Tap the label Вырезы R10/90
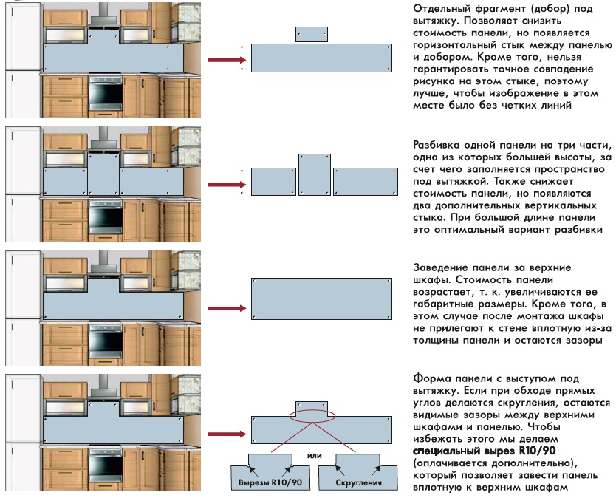click(264, 482)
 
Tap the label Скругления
click(358, 482)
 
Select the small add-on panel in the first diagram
click(311, 35)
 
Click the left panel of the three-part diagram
click(273, 181)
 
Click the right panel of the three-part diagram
click(362, 181)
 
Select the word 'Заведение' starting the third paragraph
click(434, 267)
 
